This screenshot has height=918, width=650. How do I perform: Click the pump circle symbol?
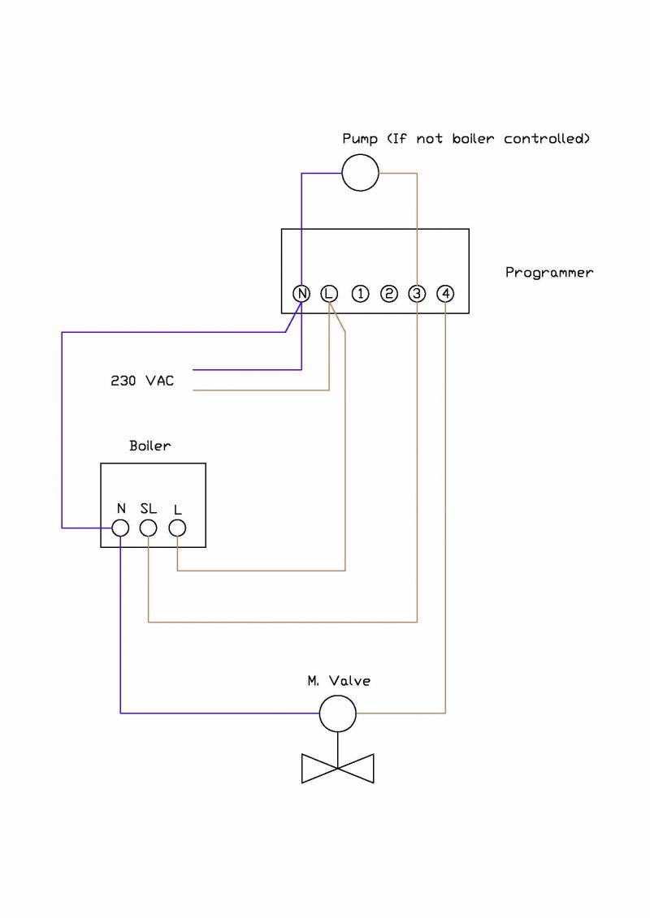click(360, 172)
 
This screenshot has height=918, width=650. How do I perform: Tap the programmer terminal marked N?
click(301, 294)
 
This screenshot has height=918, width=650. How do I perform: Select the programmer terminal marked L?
click(329, 294)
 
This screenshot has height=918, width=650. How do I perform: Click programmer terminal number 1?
click(360, 294)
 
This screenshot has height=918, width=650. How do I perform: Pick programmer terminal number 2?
click(388, 294)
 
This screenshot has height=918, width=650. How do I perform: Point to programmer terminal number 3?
click(417, 294)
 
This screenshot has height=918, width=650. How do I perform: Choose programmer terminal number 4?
click(445, 294)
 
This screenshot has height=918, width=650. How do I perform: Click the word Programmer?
click(549, 273)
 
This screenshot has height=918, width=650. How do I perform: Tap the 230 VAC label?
click(142, 380)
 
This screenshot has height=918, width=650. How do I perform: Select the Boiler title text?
click(150, 446)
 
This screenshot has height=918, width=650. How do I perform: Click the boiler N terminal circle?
click(120, 528)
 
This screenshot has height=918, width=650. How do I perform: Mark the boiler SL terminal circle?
click(148, 528)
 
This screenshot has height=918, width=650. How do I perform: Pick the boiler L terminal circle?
click(177, 528)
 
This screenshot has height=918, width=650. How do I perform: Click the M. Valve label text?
click(339, 681)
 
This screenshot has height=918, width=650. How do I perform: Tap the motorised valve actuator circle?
click(338, 713)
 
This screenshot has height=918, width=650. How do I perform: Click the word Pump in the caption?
click(360, 139)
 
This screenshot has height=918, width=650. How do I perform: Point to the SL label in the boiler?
click(148, 509)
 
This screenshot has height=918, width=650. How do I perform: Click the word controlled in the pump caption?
click(546, 139)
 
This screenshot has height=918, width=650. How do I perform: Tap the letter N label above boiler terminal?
click(121, 509)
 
